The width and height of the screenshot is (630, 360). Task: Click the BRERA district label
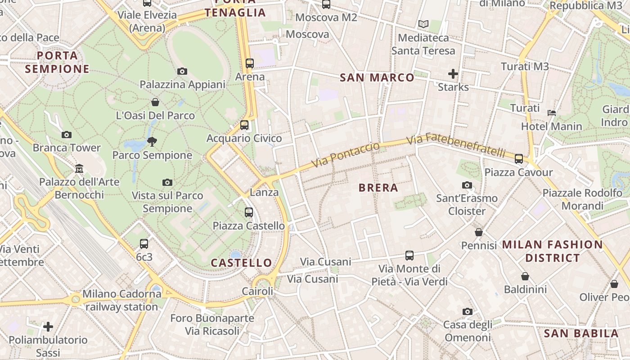(378, 188)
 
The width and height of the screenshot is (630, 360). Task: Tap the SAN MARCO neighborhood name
(377, 77)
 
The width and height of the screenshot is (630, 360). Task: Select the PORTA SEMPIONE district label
(57, 62)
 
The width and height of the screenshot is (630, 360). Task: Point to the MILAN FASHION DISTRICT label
(552, 251)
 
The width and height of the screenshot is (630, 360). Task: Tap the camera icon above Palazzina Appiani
(182, 71)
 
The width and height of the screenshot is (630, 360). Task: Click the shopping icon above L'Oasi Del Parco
(155, 102)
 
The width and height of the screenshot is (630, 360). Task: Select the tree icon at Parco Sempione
(152, 142)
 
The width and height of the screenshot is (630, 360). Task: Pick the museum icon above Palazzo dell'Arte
(79, 169)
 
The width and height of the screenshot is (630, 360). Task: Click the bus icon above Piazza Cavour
(519, 158)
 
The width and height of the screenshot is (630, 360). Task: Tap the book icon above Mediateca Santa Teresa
(423, 24)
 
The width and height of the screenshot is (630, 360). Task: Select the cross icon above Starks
(453, 73)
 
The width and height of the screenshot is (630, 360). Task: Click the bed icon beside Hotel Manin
(552, 112)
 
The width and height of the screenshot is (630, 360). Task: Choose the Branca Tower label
(67, 148)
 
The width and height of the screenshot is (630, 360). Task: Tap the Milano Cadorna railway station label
(121, 300)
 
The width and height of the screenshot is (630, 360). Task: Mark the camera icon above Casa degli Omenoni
(468, 311)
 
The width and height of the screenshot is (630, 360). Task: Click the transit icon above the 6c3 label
(144, 244)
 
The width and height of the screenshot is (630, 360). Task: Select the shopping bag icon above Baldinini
(525, 276)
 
